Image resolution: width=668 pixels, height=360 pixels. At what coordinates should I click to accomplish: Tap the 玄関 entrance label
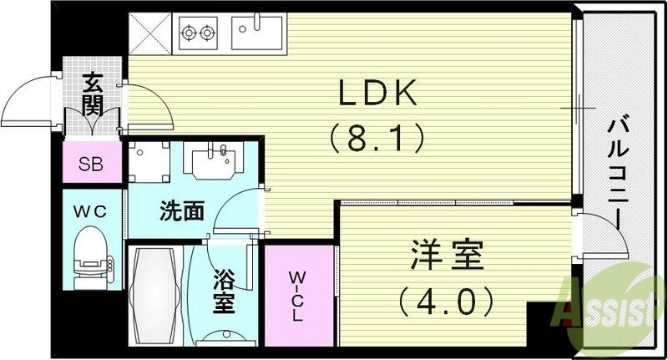92,96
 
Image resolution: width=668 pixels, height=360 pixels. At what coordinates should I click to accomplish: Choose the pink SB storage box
92,163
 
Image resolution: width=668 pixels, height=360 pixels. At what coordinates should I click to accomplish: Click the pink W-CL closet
298,297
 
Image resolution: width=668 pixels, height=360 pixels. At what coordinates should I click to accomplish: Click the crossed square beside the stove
150,33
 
